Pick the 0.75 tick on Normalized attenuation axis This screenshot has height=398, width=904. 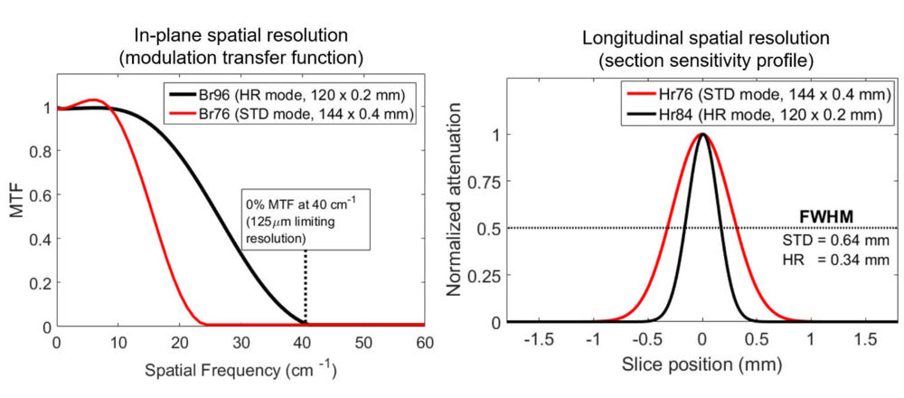click(485, 181)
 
